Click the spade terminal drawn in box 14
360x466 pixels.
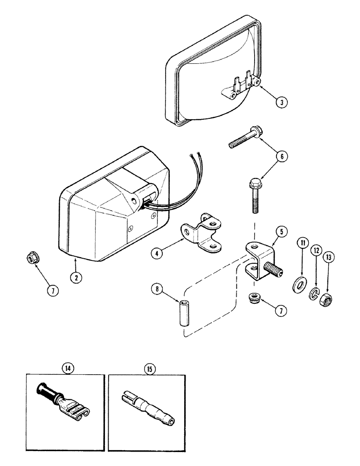(x=64, y=400)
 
